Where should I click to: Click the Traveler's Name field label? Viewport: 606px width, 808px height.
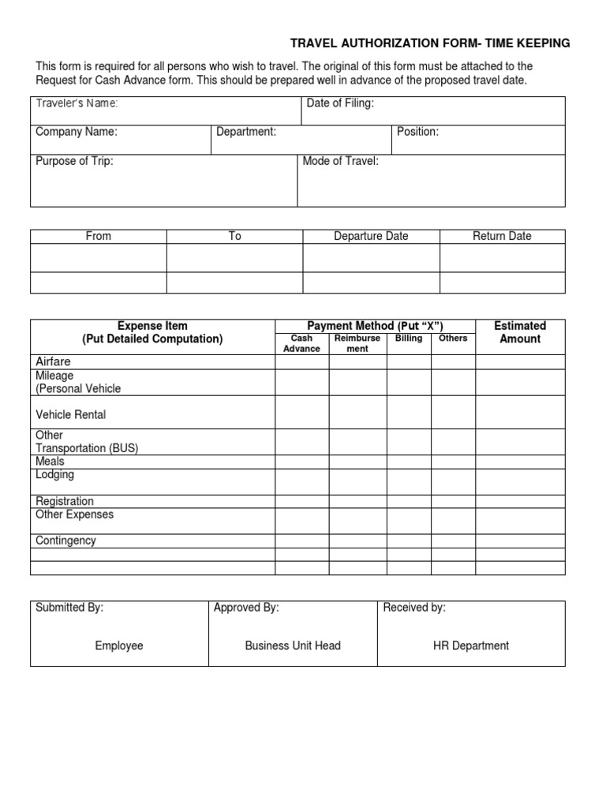pos(77,103)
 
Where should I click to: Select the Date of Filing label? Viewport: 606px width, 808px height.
pos(340,103)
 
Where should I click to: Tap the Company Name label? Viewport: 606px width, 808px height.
pos(77,132)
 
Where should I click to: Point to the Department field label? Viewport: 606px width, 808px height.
pos(246,132)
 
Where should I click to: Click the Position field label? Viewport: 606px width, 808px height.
pos(417,132)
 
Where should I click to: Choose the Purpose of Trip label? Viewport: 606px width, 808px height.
pos(74,161)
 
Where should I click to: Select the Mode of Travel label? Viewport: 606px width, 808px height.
pos(341,161)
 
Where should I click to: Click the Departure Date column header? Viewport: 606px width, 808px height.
pos(371,236)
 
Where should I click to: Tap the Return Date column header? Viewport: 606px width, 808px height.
pos(502,236)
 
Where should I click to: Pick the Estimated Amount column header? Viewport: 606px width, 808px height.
pos(520,332)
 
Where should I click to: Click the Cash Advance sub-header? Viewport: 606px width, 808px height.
pos(301,343)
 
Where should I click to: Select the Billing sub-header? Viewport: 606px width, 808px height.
pos(409,339)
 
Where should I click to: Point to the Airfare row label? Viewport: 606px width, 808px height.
pos(53,361)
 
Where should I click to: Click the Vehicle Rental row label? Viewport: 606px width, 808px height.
pos(71,414)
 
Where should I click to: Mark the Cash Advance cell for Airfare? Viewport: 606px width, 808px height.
pos(301,362)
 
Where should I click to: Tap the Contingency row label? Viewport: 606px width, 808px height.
pos(65,541)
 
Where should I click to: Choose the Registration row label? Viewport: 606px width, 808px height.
pos(65,501)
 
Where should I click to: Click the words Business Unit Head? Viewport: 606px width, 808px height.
pos(293,645)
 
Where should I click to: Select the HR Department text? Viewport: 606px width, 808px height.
pos(471,645)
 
